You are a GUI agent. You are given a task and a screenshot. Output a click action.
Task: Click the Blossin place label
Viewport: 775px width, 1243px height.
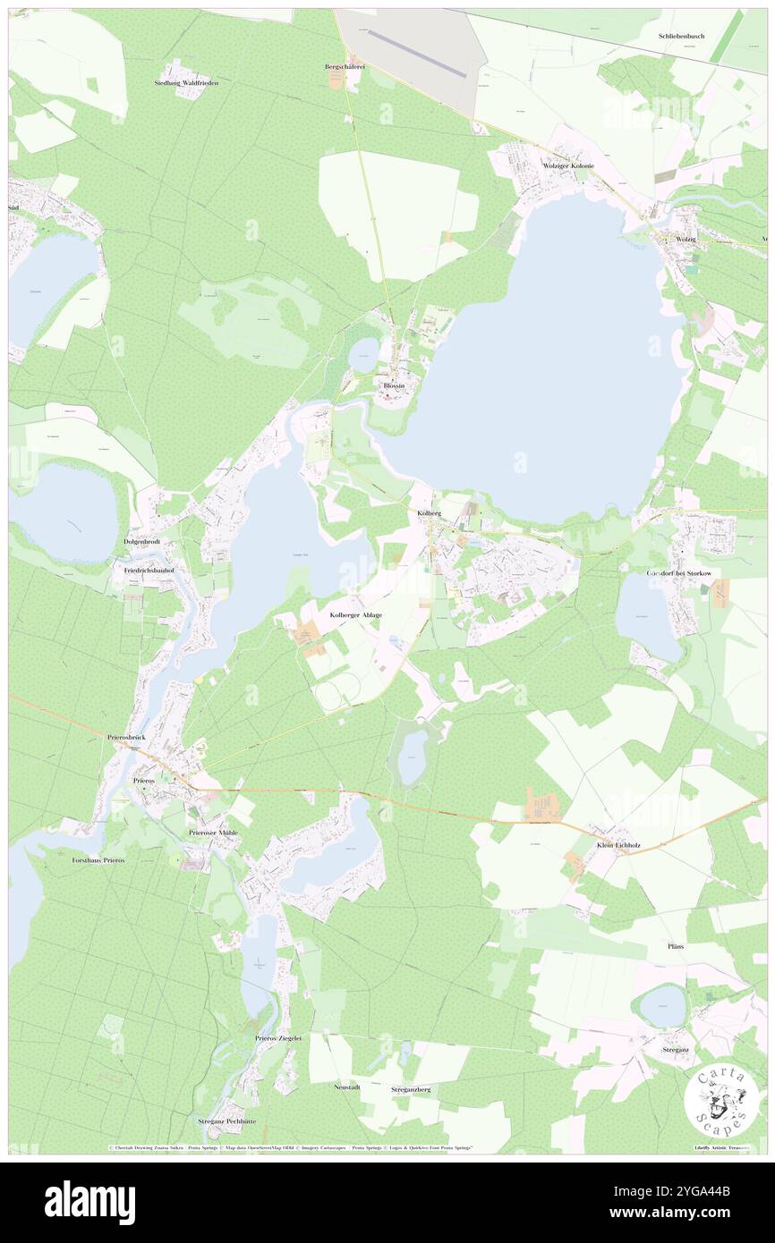394,385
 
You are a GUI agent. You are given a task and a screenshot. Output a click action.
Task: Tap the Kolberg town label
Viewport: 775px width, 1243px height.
430,514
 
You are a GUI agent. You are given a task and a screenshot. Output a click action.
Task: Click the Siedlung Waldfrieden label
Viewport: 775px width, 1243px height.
186,82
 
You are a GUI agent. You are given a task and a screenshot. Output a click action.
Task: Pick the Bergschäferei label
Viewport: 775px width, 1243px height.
345,66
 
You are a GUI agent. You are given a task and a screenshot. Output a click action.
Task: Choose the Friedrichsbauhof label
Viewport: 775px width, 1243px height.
143,569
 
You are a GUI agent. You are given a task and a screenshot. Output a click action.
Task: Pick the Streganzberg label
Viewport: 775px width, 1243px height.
411,1090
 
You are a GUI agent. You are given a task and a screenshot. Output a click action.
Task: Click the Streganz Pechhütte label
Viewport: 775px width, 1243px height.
226,1120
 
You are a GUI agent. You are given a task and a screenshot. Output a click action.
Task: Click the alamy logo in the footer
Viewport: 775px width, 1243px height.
89,1202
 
